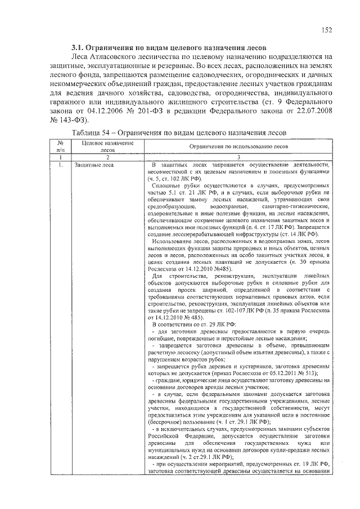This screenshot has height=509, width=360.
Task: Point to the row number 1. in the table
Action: pyautogui.click(x=60, y=164)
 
